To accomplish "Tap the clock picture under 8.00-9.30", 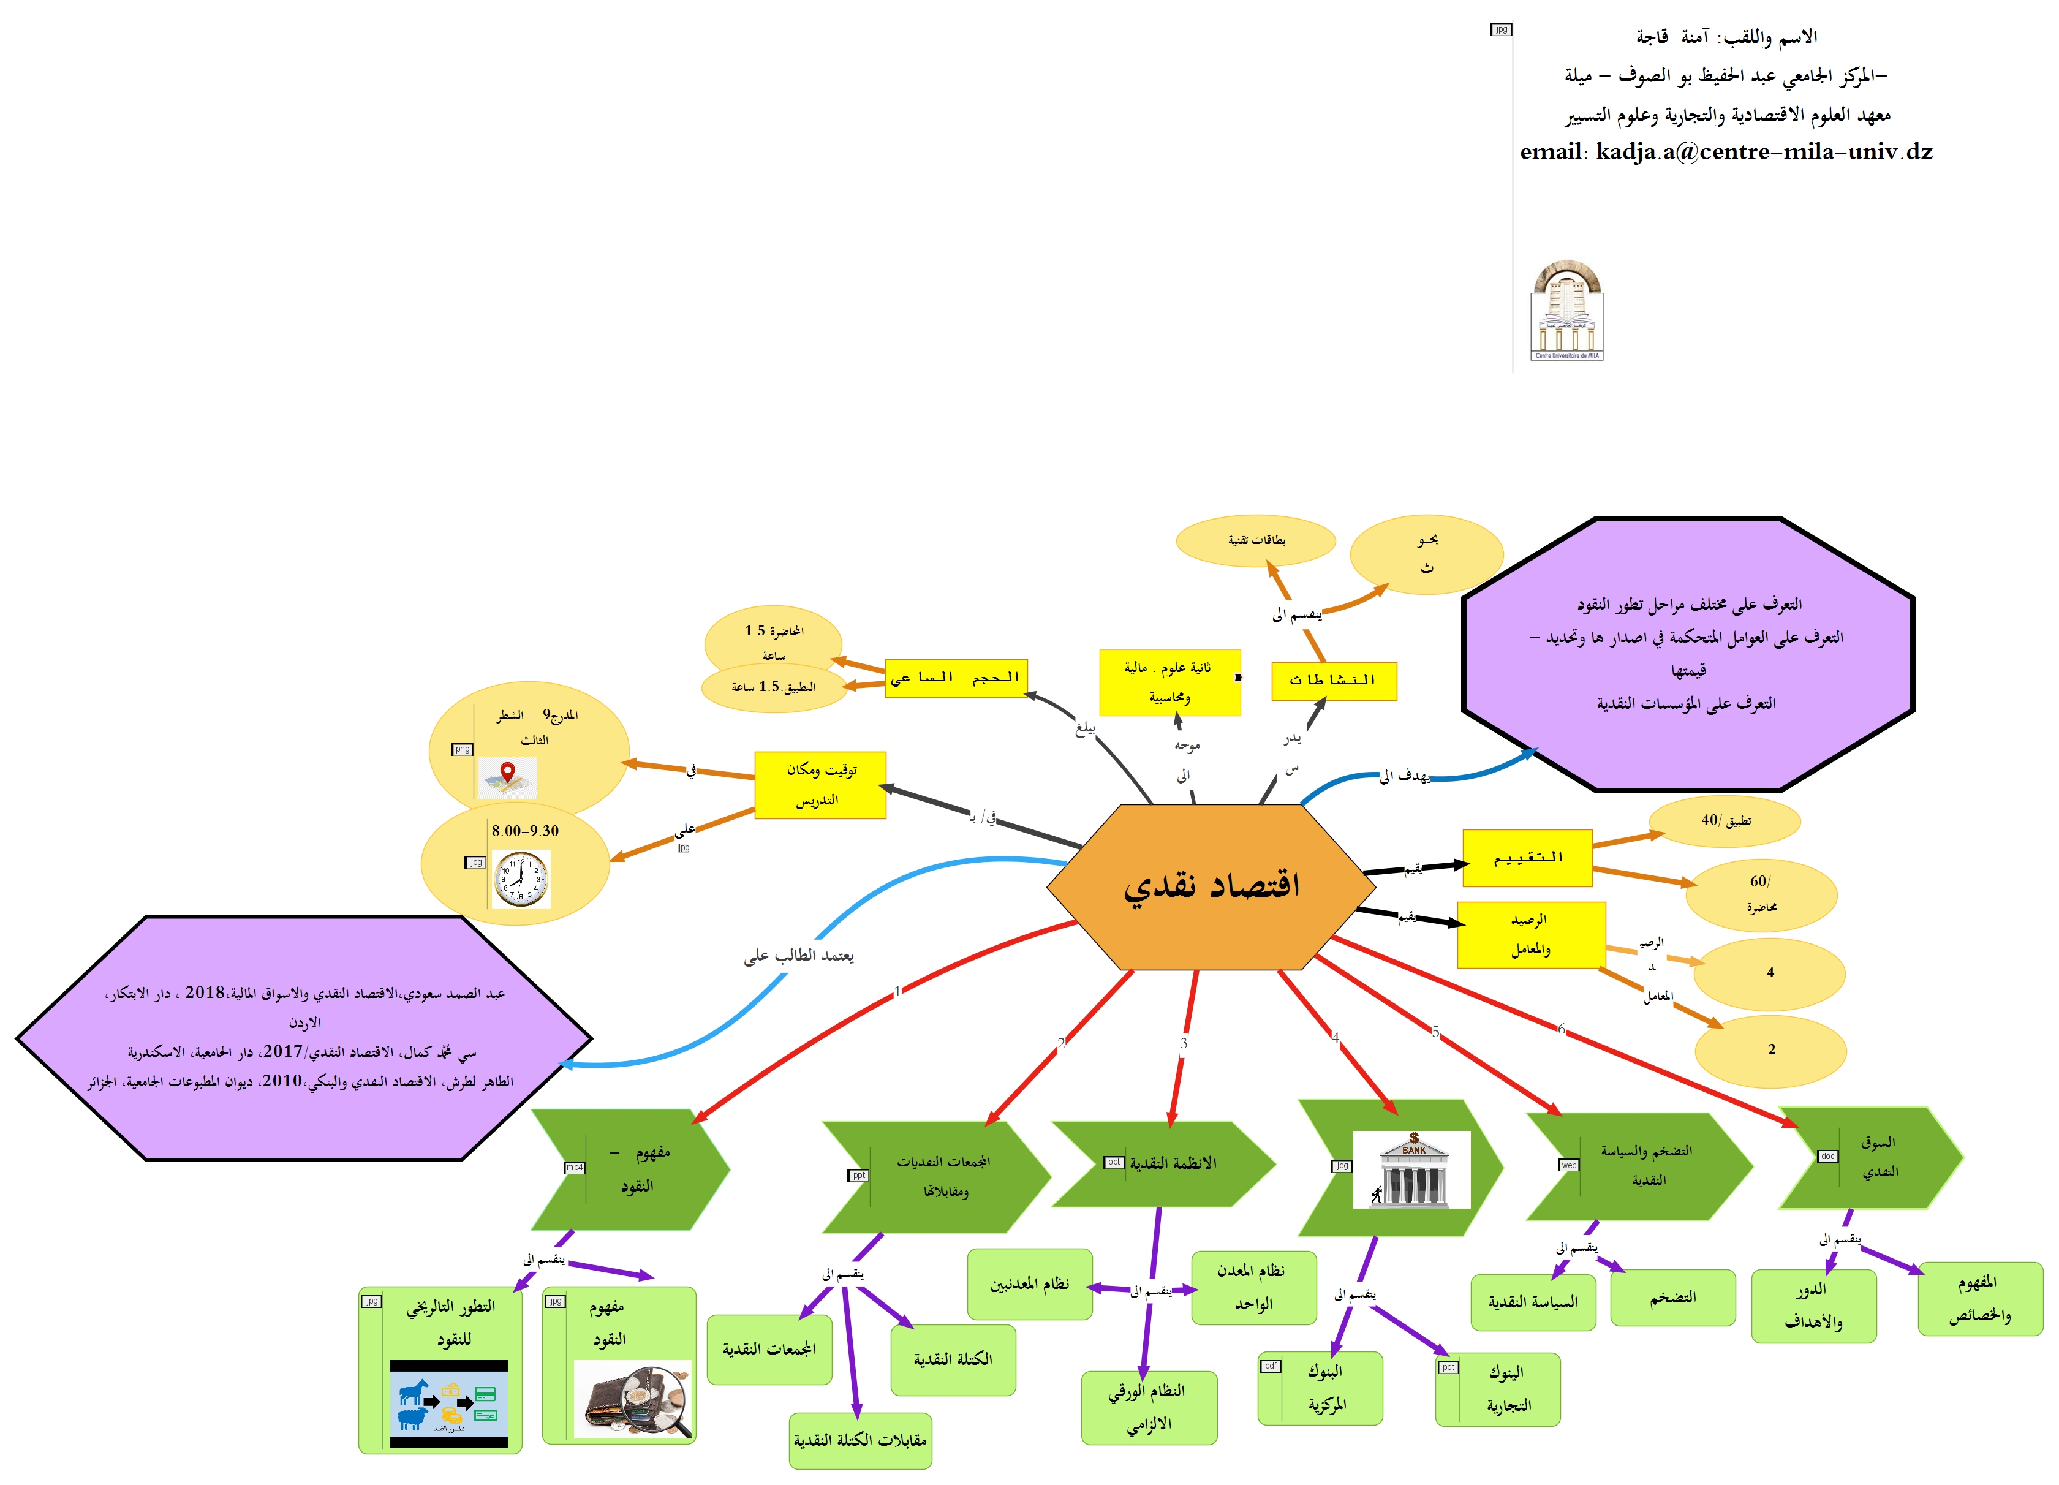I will (521, 879).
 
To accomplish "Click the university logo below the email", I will (1567, 311).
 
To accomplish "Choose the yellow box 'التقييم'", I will (1527, 858).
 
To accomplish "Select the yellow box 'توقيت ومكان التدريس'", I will (820, 785).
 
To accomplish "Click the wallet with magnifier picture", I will (633, 1399).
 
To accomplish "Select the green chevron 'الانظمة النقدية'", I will (1166, 1163).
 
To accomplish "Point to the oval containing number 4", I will (1769, 973).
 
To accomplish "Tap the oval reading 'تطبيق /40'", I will (1724, 820).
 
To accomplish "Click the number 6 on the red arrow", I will (1562, 1029).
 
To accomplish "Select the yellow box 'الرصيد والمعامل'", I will (1531, 935).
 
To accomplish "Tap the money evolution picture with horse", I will (448, 1404).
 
